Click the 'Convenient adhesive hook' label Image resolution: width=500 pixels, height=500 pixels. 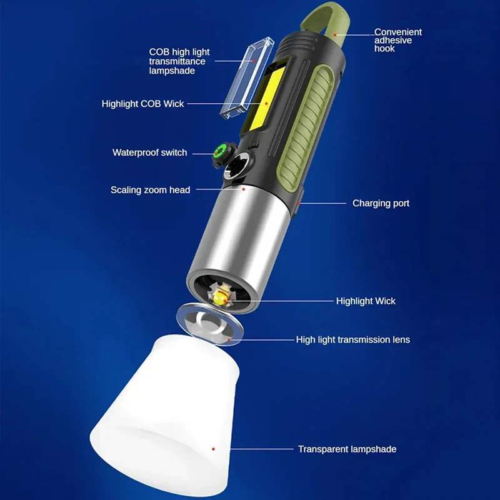pos(397,40)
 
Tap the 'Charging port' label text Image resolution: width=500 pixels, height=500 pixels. pos(381,203)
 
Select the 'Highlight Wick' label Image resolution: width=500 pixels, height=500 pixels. pos(366,301)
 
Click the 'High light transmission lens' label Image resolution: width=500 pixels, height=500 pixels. pos(353,339)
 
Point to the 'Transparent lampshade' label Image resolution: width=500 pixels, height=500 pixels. pos(347,449)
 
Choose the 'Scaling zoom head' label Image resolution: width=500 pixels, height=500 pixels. pos(150,190)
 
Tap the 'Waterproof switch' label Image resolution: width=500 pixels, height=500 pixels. pos(149,152)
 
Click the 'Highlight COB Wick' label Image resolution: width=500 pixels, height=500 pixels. pos(142,104)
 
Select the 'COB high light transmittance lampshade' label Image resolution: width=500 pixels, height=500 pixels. pos(179,61)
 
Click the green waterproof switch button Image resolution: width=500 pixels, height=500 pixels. pos(221,150)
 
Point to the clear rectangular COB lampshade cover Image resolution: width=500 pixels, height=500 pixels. pos(247,78)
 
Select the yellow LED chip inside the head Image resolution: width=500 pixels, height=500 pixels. pos(220,299)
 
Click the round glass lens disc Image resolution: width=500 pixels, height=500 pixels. pos(209,324)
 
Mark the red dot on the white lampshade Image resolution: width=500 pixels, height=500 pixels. pos(213,449)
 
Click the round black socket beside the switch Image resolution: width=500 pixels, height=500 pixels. pos(237,166)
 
